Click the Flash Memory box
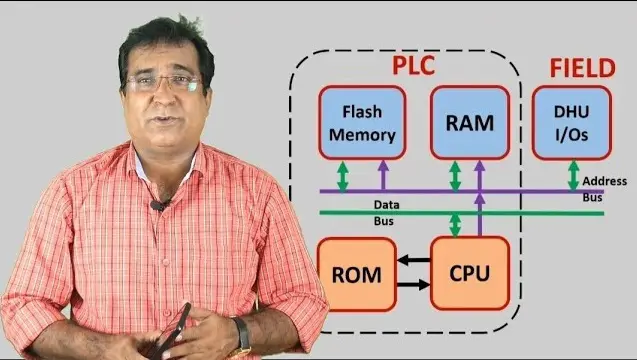362,122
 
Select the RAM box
470,122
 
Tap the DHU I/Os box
572,122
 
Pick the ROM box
356,274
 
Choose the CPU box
470,273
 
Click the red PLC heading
414,65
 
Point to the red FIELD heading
583,68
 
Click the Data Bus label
384,213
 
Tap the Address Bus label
604,189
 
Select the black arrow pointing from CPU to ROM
414,260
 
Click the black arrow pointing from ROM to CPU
414,284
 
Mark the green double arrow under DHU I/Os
573,176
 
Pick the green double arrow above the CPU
455,224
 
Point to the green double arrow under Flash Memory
343,176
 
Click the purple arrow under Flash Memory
383,175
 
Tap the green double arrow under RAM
455,176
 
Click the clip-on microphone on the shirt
158,206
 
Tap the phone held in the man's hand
173,330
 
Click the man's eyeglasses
165,83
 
